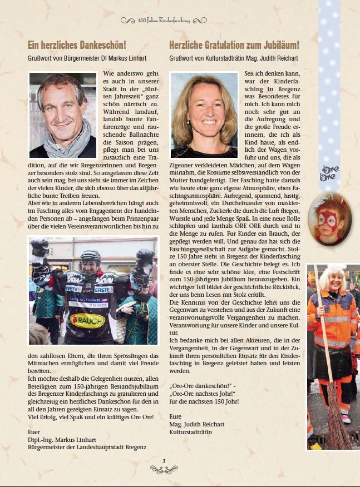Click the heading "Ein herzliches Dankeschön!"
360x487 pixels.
point(77,45)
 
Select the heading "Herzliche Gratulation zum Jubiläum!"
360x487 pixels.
point(234,45)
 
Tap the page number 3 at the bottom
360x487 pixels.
point(164,461)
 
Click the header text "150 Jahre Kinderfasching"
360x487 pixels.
point(164,21)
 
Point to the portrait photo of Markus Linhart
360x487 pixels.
point(62,115)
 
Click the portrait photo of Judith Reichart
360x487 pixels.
point(204,115)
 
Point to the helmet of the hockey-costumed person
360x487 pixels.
point(90,261)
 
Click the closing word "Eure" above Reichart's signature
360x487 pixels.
point(176,416)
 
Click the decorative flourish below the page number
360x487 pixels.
point(164,470)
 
